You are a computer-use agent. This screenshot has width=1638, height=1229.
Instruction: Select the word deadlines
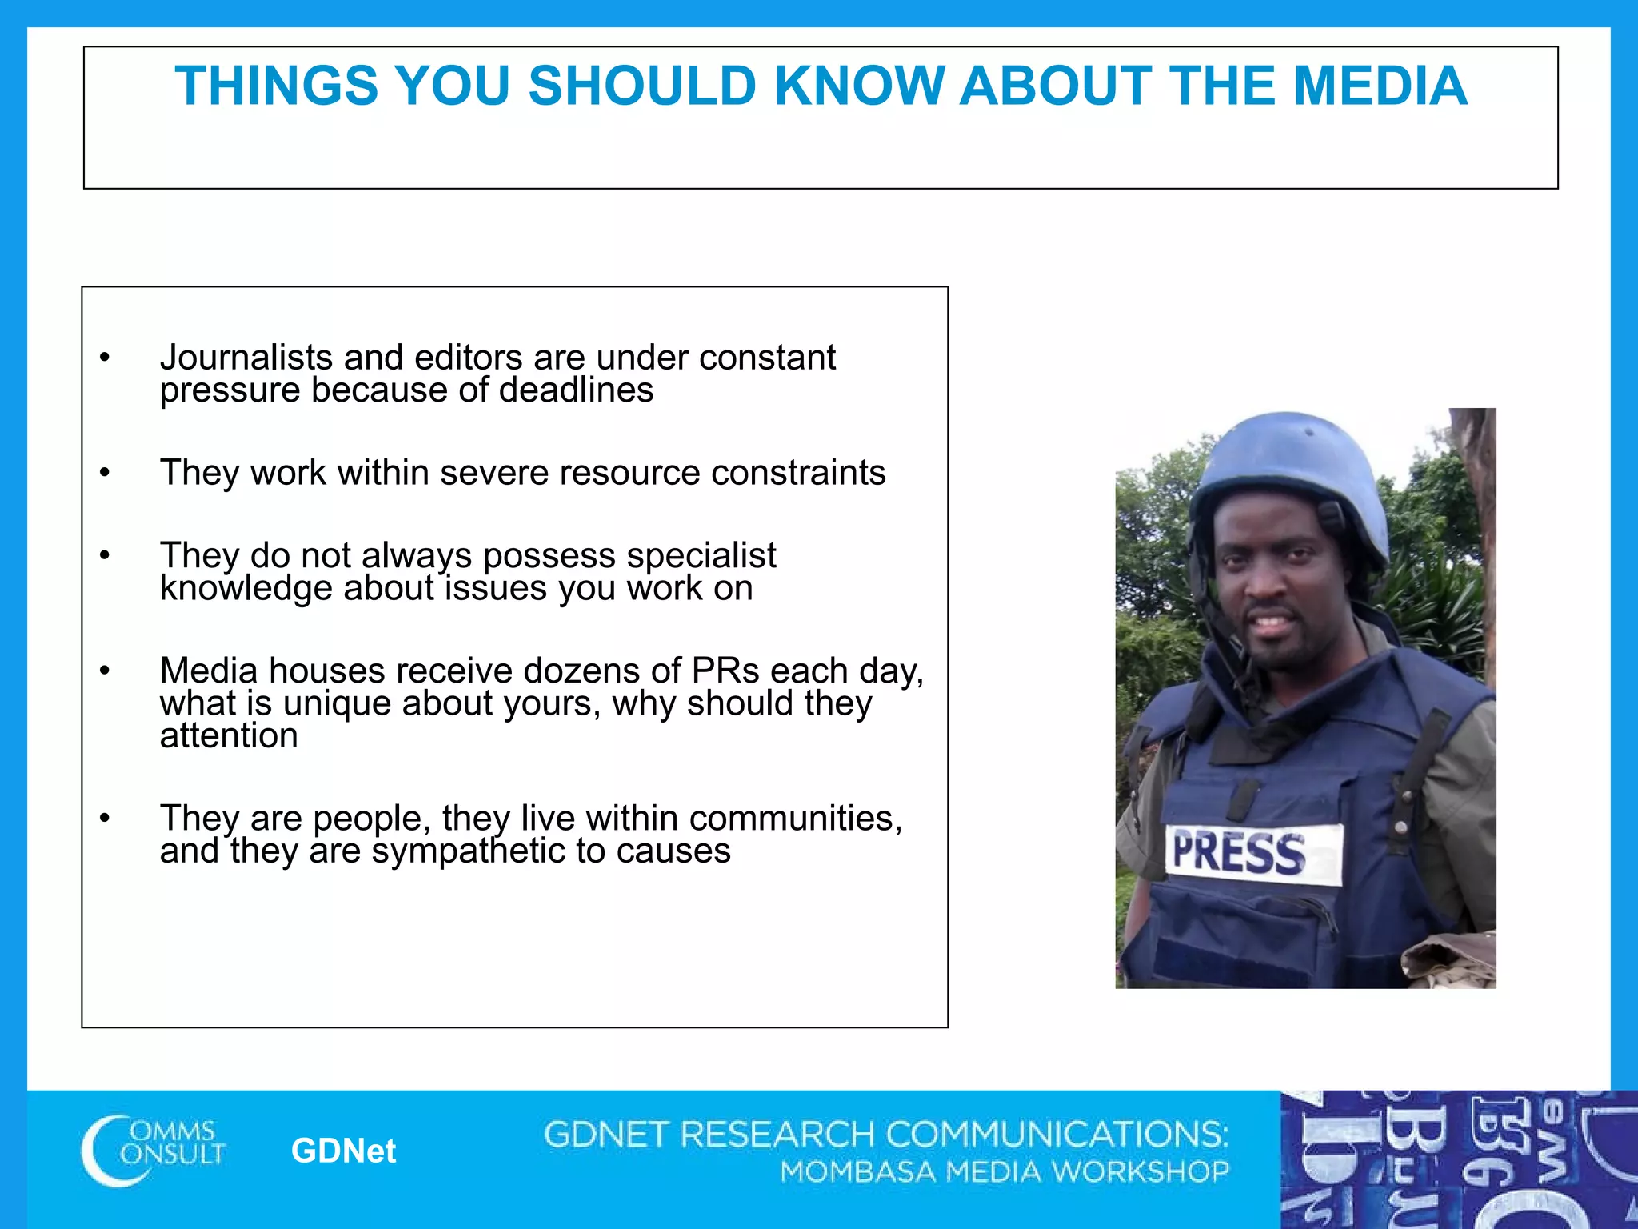click(576, 390)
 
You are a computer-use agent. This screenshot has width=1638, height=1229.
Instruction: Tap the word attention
click(229, 736)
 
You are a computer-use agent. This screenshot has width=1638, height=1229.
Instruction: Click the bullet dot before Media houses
click(104, 671)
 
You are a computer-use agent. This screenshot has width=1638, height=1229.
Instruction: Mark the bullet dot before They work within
click(104, 473)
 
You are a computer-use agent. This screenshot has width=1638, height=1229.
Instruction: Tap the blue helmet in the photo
click(1288, 472)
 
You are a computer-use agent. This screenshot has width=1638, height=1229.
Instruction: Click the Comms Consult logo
click(153, 1150)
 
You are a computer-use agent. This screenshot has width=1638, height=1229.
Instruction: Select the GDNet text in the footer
click(343, 1151)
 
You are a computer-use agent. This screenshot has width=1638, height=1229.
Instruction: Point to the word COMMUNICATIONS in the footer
click(1056, 1135)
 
